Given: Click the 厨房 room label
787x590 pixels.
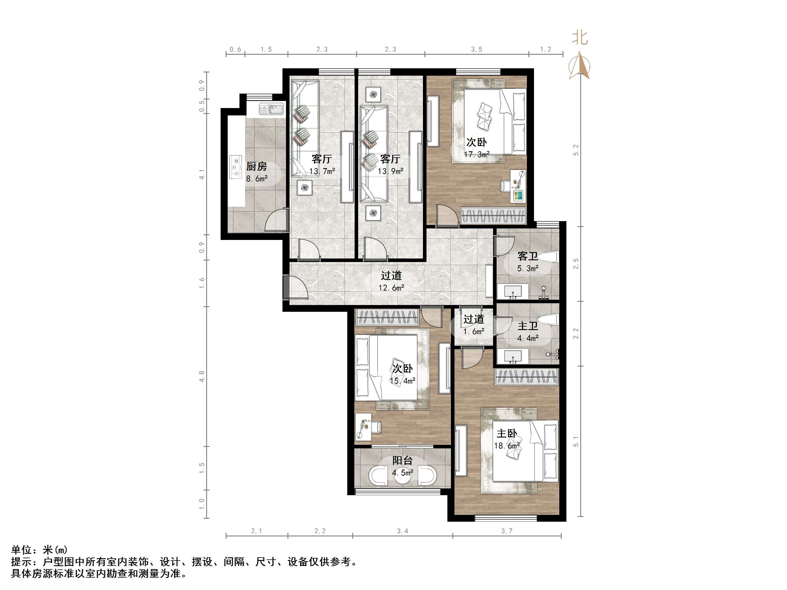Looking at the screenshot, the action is tap(257, 166).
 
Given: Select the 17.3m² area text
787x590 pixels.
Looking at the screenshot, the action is tap(477, 154).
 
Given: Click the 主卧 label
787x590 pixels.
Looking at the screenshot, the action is tap(507, 433).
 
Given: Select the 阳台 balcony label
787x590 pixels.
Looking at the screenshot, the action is tap(402, 460).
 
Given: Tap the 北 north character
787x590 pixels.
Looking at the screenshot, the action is tap(580, 37).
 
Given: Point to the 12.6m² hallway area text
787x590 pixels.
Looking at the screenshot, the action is tap(391, 288).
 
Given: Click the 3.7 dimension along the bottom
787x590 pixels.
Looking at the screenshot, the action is tap(507, 531).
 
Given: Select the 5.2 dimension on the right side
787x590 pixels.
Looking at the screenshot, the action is tap(576, 150).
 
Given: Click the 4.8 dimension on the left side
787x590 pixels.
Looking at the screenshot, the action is tap(202, 376).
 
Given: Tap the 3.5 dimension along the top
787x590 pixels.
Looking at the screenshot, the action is tap(477, 49).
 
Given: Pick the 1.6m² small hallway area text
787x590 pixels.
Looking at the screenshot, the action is tap(474, 332).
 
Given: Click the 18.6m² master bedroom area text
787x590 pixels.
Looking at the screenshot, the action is tap(507, 446).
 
